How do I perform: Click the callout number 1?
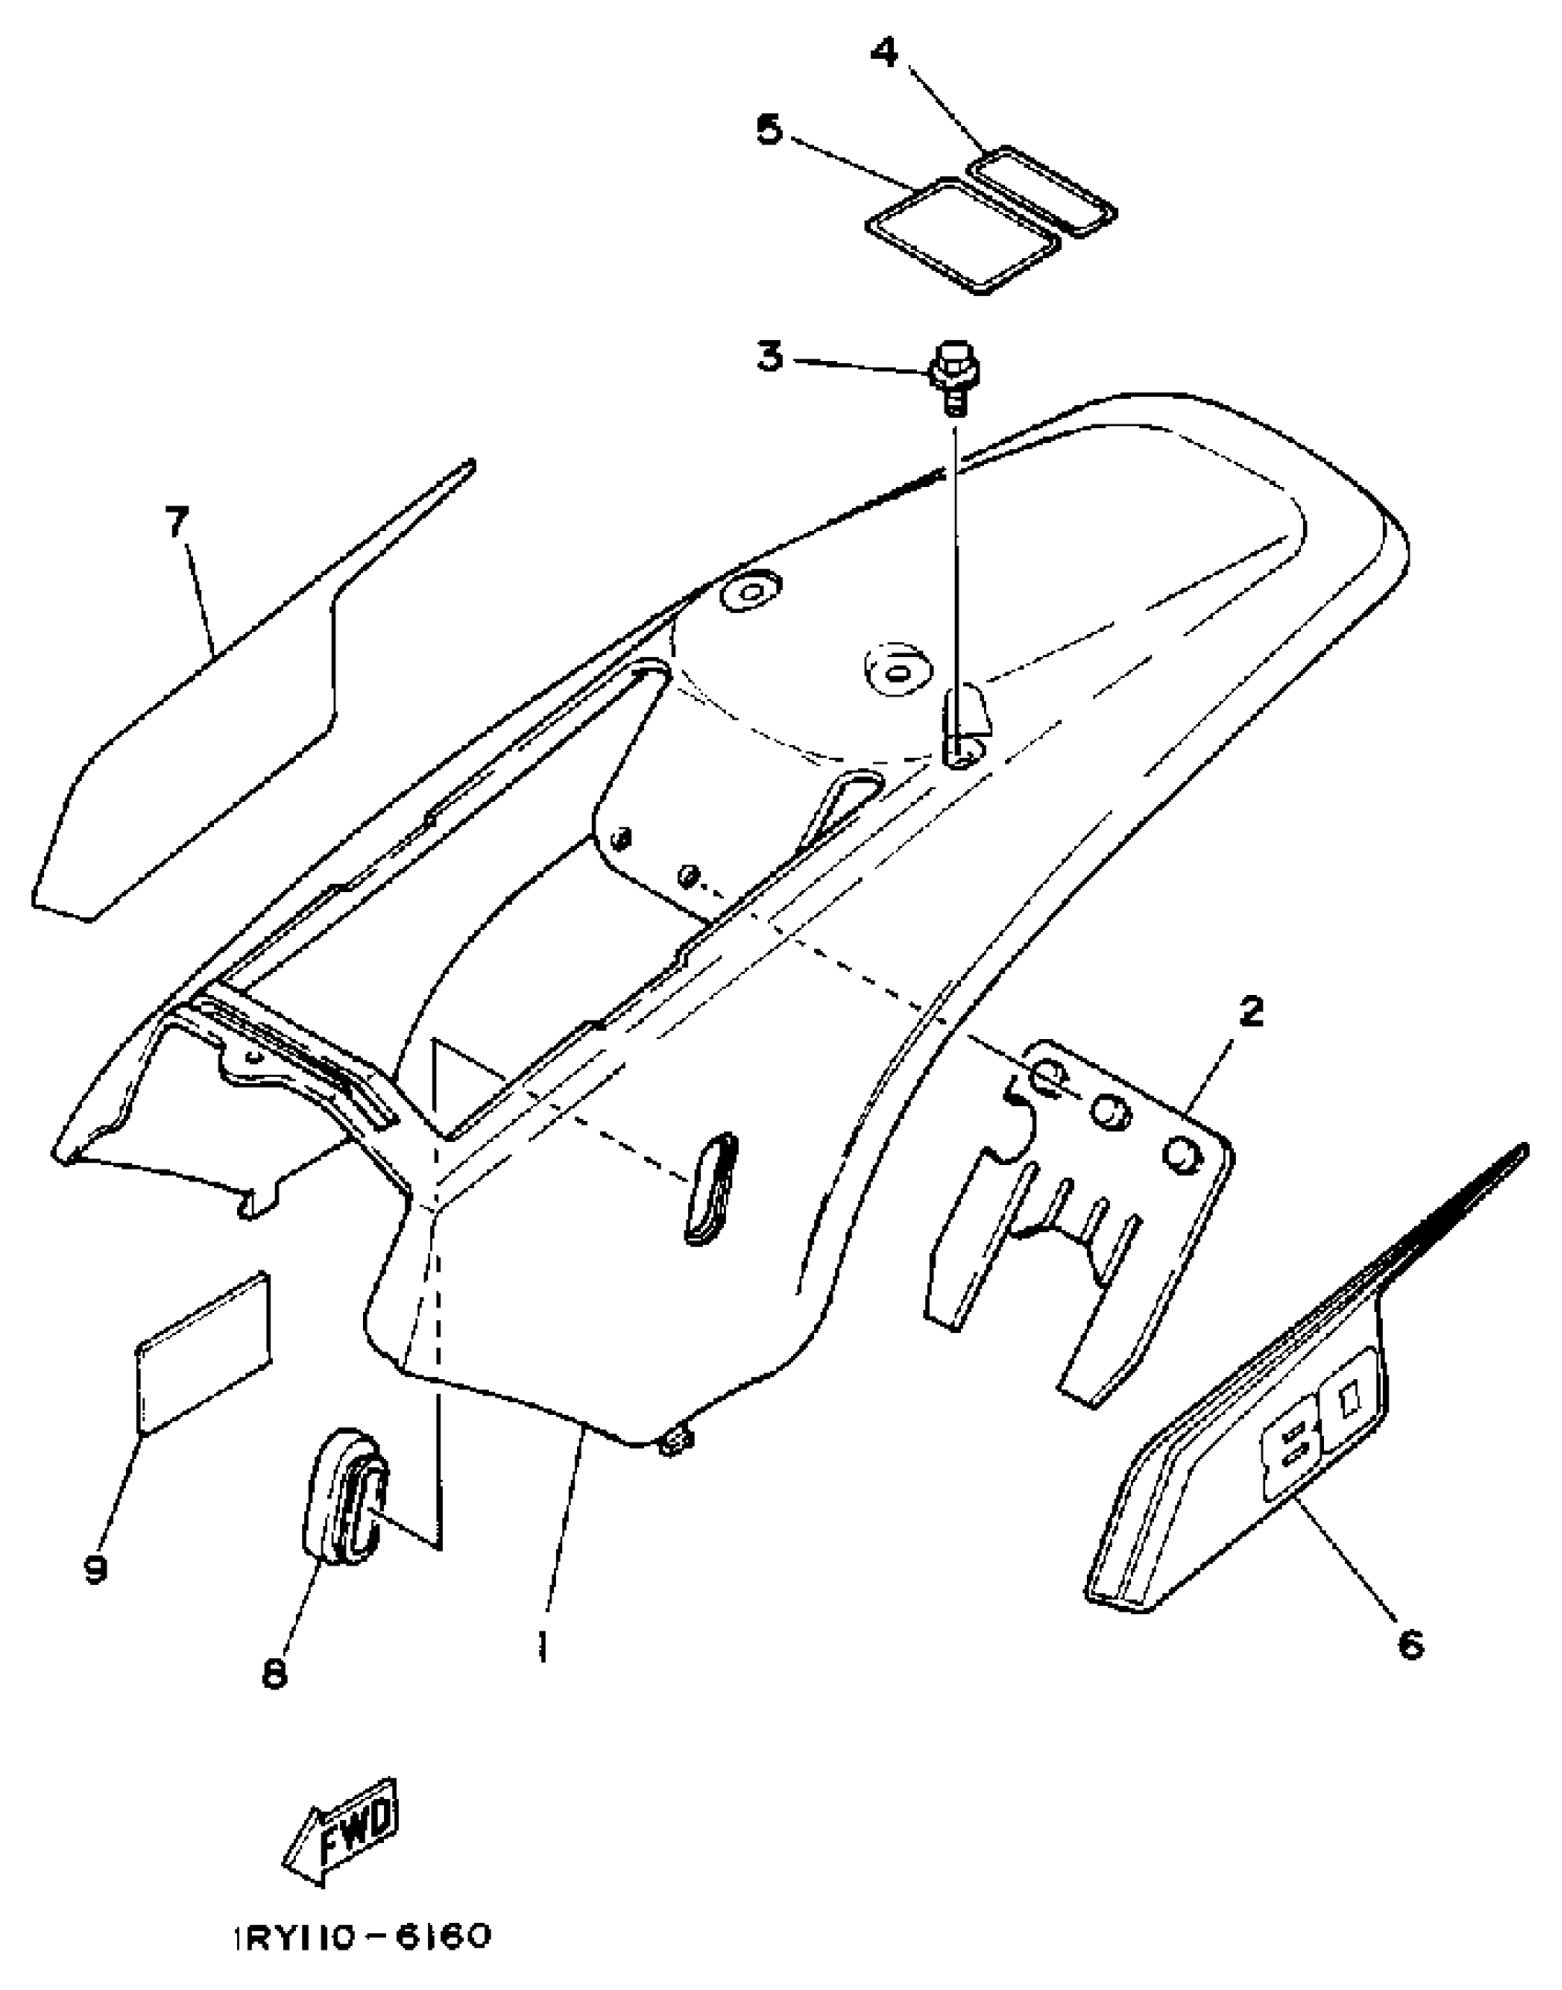click(x=544, y=1644)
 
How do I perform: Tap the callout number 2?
click(x=1251, y=1012)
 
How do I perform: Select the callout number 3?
click(x=770, y=356)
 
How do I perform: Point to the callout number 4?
click(x=884, y=52)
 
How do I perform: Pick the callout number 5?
click(x=770, y=130)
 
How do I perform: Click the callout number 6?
click(x=1410, y=1644)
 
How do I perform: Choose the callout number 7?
click(x=176, y=523)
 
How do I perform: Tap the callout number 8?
click(x=274, y=1673)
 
